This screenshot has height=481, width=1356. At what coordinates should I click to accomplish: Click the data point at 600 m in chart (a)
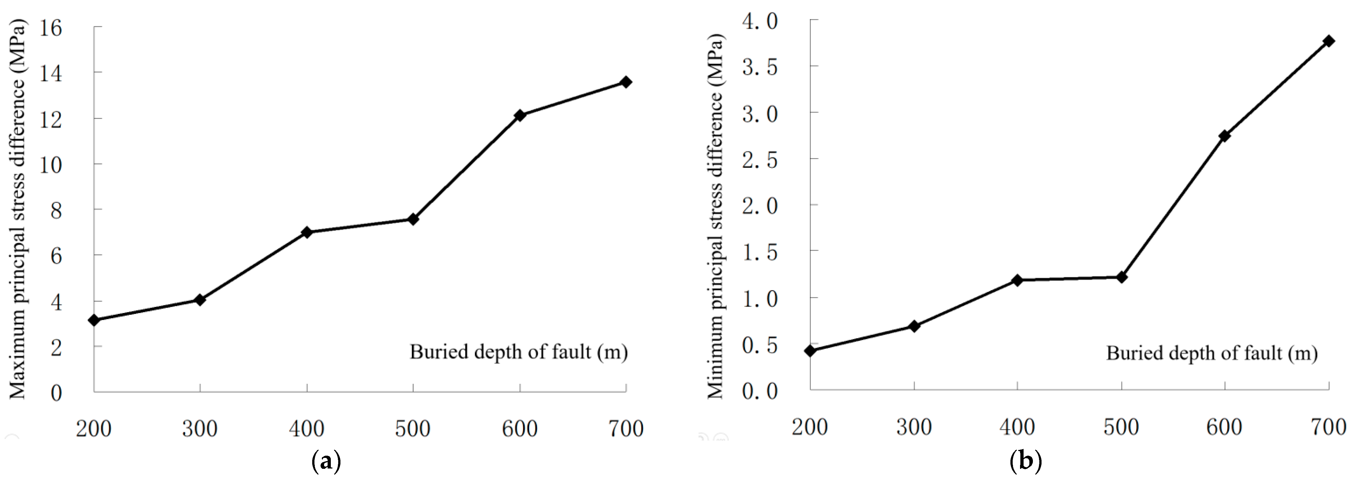[519, 115]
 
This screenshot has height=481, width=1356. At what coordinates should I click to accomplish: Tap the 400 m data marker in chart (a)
[307, 232]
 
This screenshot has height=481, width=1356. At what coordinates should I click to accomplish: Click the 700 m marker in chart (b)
[1329, 41]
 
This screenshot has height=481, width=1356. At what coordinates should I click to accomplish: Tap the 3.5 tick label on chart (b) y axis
[760, 67]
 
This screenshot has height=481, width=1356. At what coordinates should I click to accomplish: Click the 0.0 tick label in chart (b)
[760, 391]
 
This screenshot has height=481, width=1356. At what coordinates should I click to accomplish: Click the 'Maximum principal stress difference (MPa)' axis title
[17, 209]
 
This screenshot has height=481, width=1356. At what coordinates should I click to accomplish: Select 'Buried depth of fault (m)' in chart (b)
[1212, 353]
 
